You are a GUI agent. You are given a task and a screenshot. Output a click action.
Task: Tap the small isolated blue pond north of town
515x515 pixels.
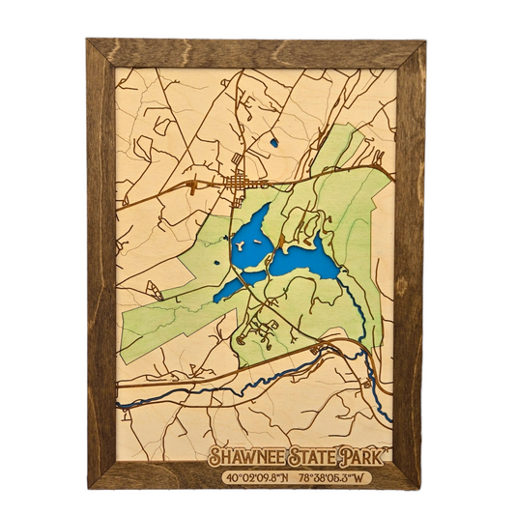click(x=274, y=143)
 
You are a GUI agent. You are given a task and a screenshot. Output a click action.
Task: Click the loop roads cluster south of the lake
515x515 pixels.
click(x=256, y=333)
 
